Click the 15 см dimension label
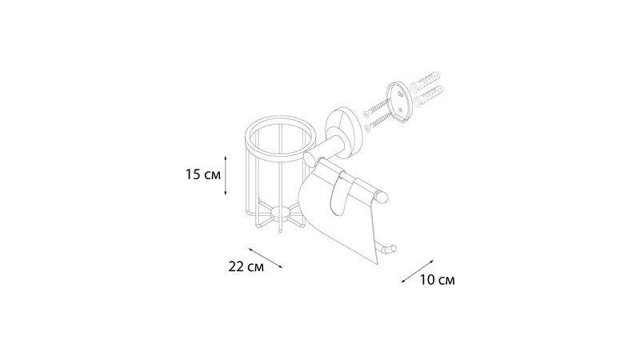pos(203,174)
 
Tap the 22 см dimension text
pos(246,267)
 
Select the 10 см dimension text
pos(437,280)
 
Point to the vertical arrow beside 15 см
pos(226,175)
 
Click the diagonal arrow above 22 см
pos(266,258)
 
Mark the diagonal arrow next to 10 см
pos(417,271)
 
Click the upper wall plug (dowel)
pos(427,81)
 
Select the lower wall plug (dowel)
pos(428,96)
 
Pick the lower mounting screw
pos(378,122)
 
